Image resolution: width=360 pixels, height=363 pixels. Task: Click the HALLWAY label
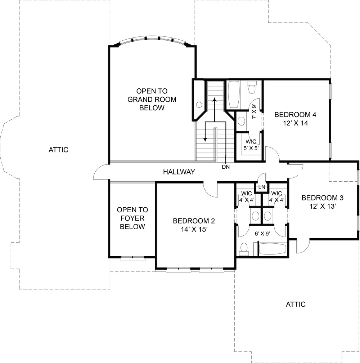179,172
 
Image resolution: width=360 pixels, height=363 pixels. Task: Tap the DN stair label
226,167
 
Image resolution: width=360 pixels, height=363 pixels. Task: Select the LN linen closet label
262,187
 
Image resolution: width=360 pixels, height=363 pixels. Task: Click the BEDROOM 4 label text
295,115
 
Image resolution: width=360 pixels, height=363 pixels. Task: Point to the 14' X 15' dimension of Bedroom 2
194,229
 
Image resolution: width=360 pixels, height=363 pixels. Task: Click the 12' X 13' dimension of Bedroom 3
323,206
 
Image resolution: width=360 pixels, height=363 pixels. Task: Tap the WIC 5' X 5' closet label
251,145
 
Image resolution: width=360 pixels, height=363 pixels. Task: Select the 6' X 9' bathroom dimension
262,234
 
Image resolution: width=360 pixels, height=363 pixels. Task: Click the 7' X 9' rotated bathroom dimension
254,112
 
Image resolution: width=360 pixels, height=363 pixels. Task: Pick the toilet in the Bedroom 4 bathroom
252,87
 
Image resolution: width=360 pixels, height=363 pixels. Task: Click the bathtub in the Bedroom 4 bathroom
234,94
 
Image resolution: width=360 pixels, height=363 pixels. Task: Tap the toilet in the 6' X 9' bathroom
244,249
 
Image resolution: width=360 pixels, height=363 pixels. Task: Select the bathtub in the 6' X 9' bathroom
273,249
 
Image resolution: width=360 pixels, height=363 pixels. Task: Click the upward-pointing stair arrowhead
214,100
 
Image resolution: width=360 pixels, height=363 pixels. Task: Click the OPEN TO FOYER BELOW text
132,218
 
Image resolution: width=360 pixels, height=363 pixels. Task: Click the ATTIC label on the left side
58,150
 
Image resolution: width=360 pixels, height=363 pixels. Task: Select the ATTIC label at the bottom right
296,304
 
